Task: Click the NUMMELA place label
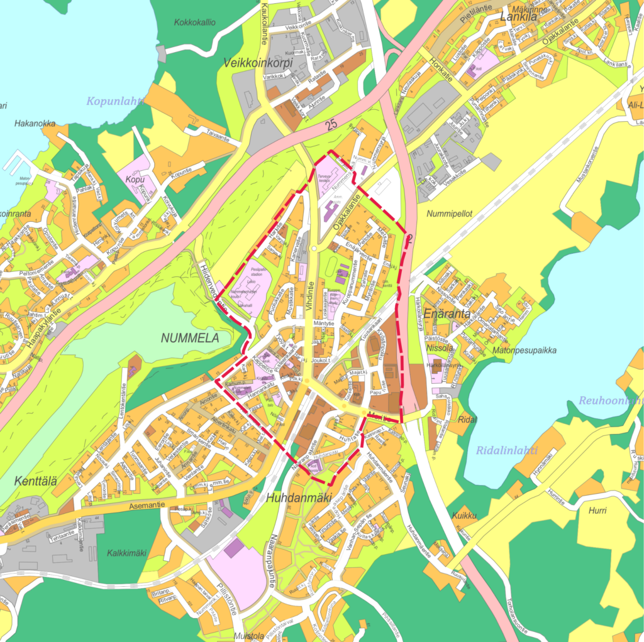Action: pos(190,338)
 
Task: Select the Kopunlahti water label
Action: pos(115,101)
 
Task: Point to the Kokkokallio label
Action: pos(195,23)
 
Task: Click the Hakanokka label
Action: pos(35,124)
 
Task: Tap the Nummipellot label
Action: pos(448,214)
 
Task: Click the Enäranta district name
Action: pos(447,313)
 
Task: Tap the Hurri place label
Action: pos(597,511)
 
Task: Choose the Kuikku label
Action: pos(464,516)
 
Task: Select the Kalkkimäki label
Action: pos(126,553)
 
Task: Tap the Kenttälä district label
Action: pos(35,482)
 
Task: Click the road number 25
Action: pos(332,126)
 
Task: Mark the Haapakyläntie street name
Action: pos(44,327)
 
